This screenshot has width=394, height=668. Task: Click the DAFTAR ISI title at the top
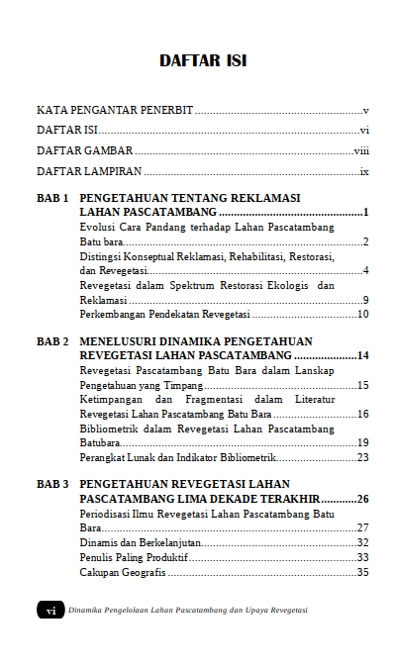pyautogui.click(x=203, y=61)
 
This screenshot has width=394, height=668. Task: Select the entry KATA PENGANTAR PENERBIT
pyautogui.click(x=114, y=109)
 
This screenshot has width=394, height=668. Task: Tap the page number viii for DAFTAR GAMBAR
pyautogui.click(x=361, y=150)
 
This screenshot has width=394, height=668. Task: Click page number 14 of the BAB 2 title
pyautogui.click(x=362, y=355)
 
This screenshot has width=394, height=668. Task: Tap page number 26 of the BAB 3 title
pyautogui.click(x=362, y=500)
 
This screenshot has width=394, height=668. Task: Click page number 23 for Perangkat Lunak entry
pyautogui.click(x=362, y=457)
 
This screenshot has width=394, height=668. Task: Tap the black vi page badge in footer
pyautogui.click(x=49, y=611)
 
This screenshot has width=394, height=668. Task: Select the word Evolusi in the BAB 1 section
pyautogui.click(x=98, y=228)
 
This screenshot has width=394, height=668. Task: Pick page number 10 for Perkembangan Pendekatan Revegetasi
pyautogui.click(x=362, y=314)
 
